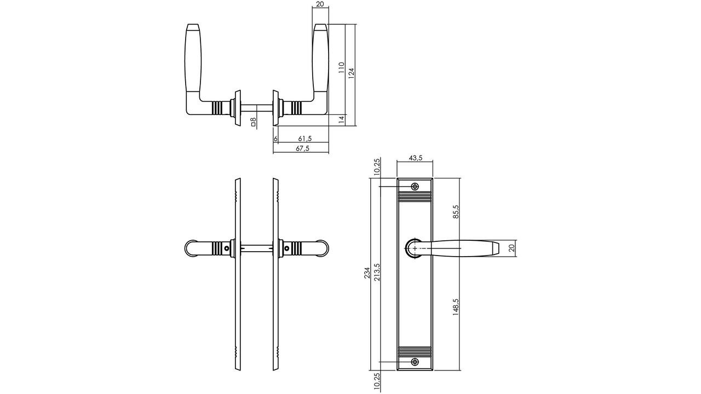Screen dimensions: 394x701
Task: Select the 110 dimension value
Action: [341, 67]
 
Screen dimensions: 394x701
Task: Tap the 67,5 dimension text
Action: [302, 149]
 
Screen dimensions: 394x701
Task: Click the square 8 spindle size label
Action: [254, 121]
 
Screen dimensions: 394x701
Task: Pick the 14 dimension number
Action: [341, 119]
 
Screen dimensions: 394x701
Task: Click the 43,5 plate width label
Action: [416, 158]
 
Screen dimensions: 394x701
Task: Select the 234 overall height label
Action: [367, 273]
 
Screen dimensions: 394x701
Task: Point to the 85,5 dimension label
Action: [456, 212]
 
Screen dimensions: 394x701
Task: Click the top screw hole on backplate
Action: [415, 187]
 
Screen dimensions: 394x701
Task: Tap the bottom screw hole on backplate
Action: [415, 362]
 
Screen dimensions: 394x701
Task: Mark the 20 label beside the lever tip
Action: [512, 248]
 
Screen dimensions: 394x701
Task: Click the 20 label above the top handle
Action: [320, 4]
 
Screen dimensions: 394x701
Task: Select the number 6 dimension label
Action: [275, 139]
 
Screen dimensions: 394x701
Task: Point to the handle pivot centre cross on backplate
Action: [415, 248]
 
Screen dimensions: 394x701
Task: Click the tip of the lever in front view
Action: [497, 248]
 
